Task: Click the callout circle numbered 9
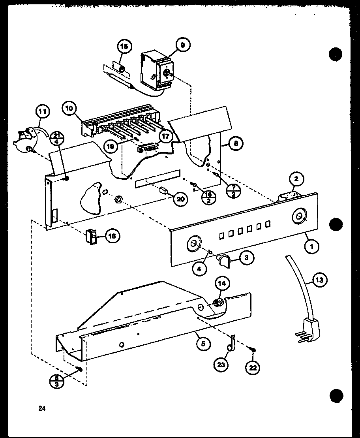coord(182,46)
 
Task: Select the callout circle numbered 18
coord(112,236)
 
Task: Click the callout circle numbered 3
coord(247,259)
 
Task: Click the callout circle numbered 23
coord(221,365)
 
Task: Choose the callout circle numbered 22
coord(252,367)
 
